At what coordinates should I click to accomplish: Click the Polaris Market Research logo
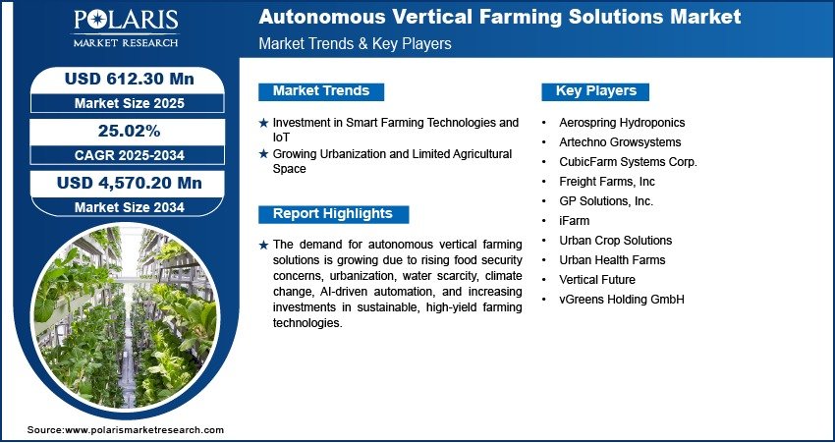tap(126, 28)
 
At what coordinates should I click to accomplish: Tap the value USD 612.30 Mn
tap(130, 79)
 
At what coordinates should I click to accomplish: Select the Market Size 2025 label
tap(130, 103)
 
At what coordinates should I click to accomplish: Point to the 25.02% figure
tap(130, 131)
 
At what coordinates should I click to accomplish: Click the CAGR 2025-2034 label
tap(130, 155)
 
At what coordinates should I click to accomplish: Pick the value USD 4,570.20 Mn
tap(130, 183)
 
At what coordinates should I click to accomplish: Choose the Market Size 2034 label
tap(130, 207)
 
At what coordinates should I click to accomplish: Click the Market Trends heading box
tap(321, 91)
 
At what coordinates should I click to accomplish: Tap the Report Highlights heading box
tap(333, 214)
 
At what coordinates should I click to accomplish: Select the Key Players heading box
tap(595, 91)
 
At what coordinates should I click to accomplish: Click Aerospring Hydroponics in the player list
tap(622, 123)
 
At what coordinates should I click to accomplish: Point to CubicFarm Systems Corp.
tap(628, 162)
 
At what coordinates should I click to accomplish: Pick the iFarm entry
tap(574, 220)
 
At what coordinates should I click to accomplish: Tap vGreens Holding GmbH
tap(622, 300)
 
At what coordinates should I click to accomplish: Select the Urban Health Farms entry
tap(612, 260)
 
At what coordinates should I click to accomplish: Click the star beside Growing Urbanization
tap(263, 154)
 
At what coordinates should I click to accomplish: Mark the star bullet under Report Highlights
tap(263, 245)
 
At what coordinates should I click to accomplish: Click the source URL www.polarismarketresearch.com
tap(144, 429)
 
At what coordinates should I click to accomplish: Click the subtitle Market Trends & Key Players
tap(355, 43)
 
